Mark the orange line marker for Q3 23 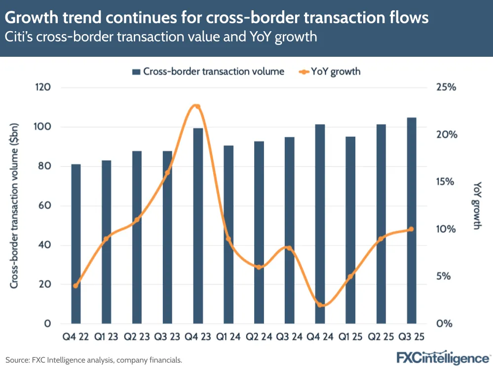pos(167,172)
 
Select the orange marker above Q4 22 pos(76,286)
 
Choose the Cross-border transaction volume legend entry pos(208,72)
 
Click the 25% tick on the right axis pos(447,87)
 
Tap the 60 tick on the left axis pos(45,206)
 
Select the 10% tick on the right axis pos(447,229)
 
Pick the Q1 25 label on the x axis pos(350,337)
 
